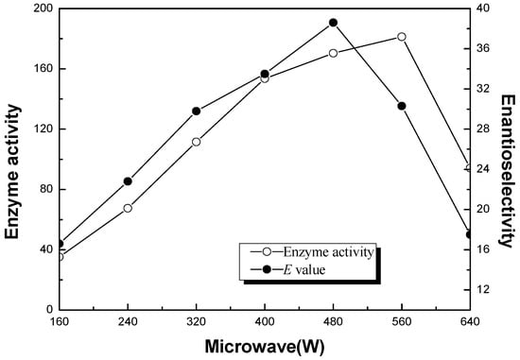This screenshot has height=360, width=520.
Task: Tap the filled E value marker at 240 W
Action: coord(128,181)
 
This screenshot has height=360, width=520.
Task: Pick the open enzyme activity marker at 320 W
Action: coord(196,142)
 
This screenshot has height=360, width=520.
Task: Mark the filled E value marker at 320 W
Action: coord(196,111)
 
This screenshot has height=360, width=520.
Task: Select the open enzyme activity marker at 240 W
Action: coord(128,208)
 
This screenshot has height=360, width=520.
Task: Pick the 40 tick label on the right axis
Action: coord(483,9)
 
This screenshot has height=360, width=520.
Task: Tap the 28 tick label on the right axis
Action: coord(483,129)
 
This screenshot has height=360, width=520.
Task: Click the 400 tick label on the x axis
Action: coord(265,321)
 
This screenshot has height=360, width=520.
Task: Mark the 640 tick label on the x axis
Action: coord(469,321)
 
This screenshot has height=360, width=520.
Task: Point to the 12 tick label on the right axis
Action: coord(483,289)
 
